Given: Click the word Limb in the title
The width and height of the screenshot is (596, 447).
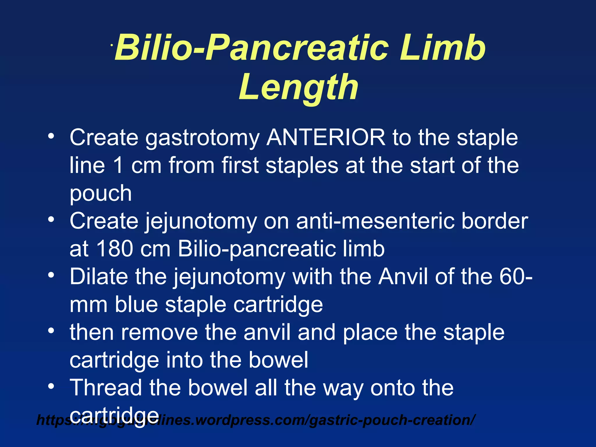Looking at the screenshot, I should pyautogui.click(x=442, y=47).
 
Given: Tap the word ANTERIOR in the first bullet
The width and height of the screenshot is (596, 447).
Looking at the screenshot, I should pyautogui.click(x=326, y=137).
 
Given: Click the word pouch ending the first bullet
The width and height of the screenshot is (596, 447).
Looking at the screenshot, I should pyautogui.click(x=101, y=194).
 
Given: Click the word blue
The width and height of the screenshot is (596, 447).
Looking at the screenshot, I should pyautogui.click(x=136, y=304).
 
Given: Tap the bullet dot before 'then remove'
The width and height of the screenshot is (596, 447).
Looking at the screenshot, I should pyautogui.click(x=51, y=331).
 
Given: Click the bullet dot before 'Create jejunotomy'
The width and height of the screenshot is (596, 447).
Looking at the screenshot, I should pyautogui.click(x=51, y=219).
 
